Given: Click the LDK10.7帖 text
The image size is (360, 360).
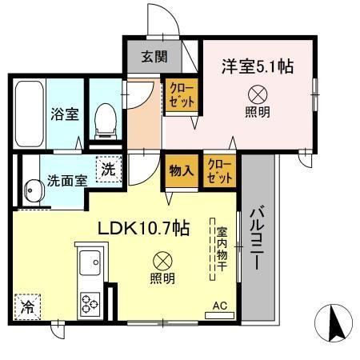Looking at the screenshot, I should point(143,228).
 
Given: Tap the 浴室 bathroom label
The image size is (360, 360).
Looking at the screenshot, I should point(66,113).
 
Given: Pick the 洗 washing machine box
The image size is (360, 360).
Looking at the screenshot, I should point(106,170).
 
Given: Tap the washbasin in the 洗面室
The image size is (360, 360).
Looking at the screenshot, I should point(31,190).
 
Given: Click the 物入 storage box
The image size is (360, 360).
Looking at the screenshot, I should point(180,170).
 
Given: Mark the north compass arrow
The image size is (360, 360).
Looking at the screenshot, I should point(335,322).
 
